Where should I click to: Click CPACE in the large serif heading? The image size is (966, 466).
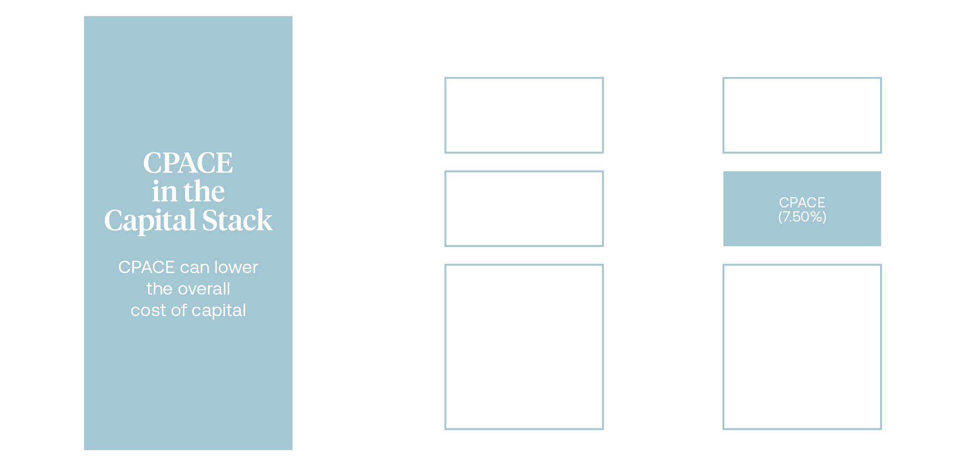click(x=188, y=163)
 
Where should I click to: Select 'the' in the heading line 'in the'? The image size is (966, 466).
click(x=204, y=192)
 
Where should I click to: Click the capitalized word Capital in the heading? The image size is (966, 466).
click(x=150, y=221)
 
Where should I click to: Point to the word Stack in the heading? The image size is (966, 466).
click(x=237, y=221)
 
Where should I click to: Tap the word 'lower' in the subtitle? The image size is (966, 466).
click(x=236, y=268)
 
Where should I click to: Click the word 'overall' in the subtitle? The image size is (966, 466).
click(x=204, y=289)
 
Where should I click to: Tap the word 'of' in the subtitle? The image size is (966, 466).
click(x=179, y=311)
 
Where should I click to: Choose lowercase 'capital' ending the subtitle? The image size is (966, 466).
click(x=219, y=311)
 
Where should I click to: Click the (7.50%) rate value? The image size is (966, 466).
click(x=802, y=217)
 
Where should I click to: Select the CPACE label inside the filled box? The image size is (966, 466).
click(x=802, y=202)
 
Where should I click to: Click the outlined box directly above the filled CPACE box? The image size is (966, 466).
click(x=802, y=115)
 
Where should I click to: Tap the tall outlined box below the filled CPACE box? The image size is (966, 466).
click(x=802, y=347)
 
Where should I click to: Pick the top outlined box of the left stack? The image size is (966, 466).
click(x=524, y=115)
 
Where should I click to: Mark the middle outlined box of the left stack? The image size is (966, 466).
click(x=524, y=208)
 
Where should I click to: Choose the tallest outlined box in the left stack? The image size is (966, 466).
click(x=524, y=347)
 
